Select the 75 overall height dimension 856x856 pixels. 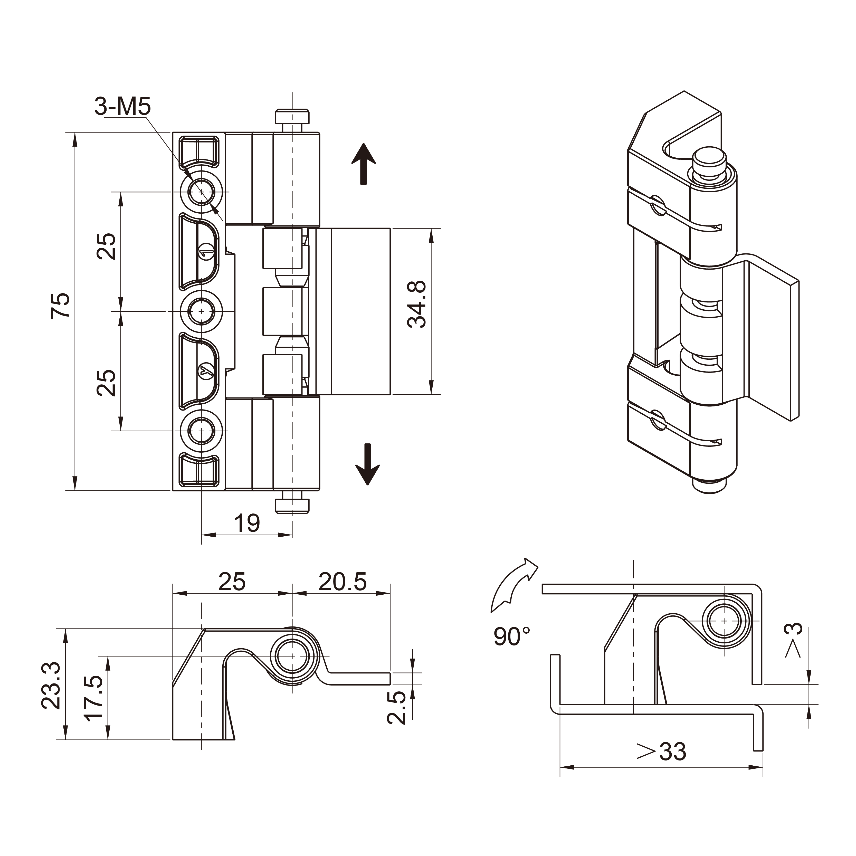(61, 305)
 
